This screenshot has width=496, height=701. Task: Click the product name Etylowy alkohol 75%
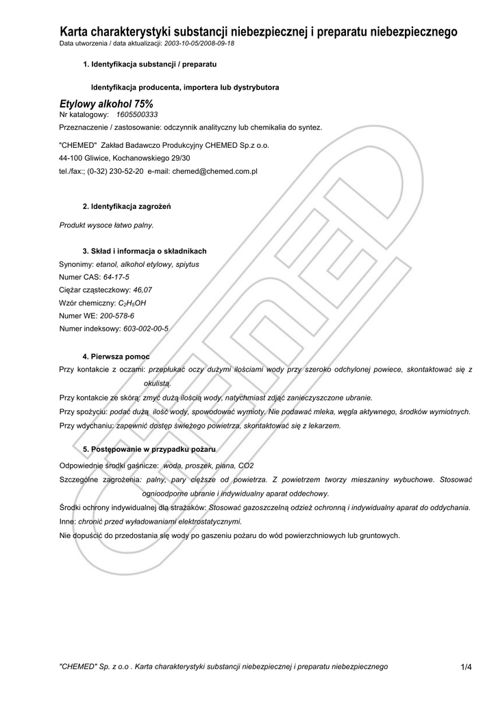pyautogui.click(x=106, y=103)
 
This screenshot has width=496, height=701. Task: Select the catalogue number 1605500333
pyautogui.click(x=137, y=115)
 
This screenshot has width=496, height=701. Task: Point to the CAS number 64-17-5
pyautogui.click(x=116, y=277)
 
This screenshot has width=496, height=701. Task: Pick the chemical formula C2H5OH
pyautogui.click(x=132, y=303)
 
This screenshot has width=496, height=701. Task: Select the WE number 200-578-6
pyautogui.click(x=117, y=316)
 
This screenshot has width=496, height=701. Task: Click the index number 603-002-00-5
pyautogui.click(x=145, y=329)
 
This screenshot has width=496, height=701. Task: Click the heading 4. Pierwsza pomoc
pyautogui.click(x=116, y=357)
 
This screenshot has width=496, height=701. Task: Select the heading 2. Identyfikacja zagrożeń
pyautogui.click(x=126, y=206)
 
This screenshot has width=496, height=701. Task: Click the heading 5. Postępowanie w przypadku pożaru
pyautogui.click(x=149, y=449)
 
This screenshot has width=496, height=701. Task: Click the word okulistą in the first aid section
pyautogui.click(x=157, y=383)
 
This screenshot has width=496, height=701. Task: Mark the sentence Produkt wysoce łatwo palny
pyautogui.click(x=106, y=225)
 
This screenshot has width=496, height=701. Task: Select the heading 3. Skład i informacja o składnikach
pyautogui.click(x=144, y=251)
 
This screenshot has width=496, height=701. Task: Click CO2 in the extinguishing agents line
pyautogui.click(x=245, y=466)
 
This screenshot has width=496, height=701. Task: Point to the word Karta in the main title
pyautogui.click(x=76, y=31)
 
